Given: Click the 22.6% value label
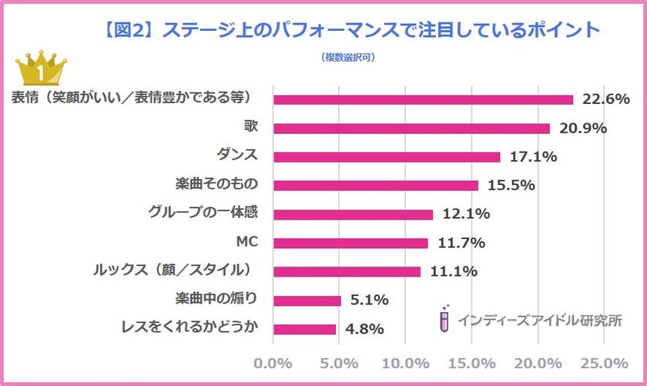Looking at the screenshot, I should click(x=606, y=99).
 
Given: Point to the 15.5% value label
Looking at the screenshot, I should click(x=511, y=186).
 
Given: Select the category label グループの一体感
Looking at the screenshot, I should click(x=201, y=213).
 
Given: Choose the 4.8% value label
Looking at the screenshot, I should click(x=364, y=330).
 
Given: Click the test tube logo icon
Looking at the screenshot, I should click(x=444, y=318).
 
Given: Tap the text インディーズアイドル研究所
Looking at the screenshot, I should click(x=538, y=320).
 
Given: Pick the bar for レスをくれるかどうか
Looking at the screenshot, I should click(x=305, y=329).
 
